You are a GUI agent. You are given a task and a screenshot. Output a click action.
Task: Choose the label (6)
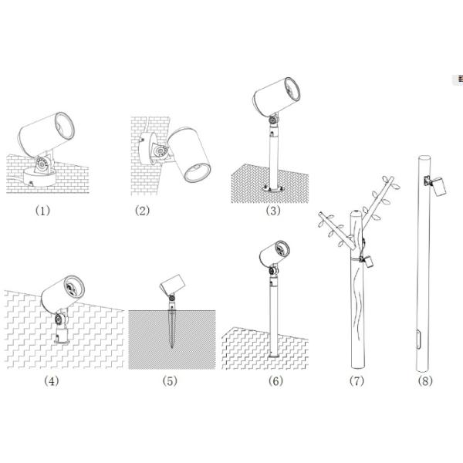(x=275, y=380)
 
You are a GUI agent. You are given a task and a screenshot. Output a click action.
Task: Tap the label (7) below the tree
(x=356, y=380)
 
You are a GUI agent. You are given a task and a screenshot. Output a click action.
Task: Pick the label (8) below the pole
(x=424, y=380)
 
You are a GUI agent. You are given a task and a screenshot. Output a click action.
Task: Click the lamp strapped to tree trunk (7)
(x=369, y=260)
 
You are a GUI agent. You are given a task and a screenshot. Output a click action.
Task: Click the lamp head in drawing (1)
(x=48, y=132)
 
